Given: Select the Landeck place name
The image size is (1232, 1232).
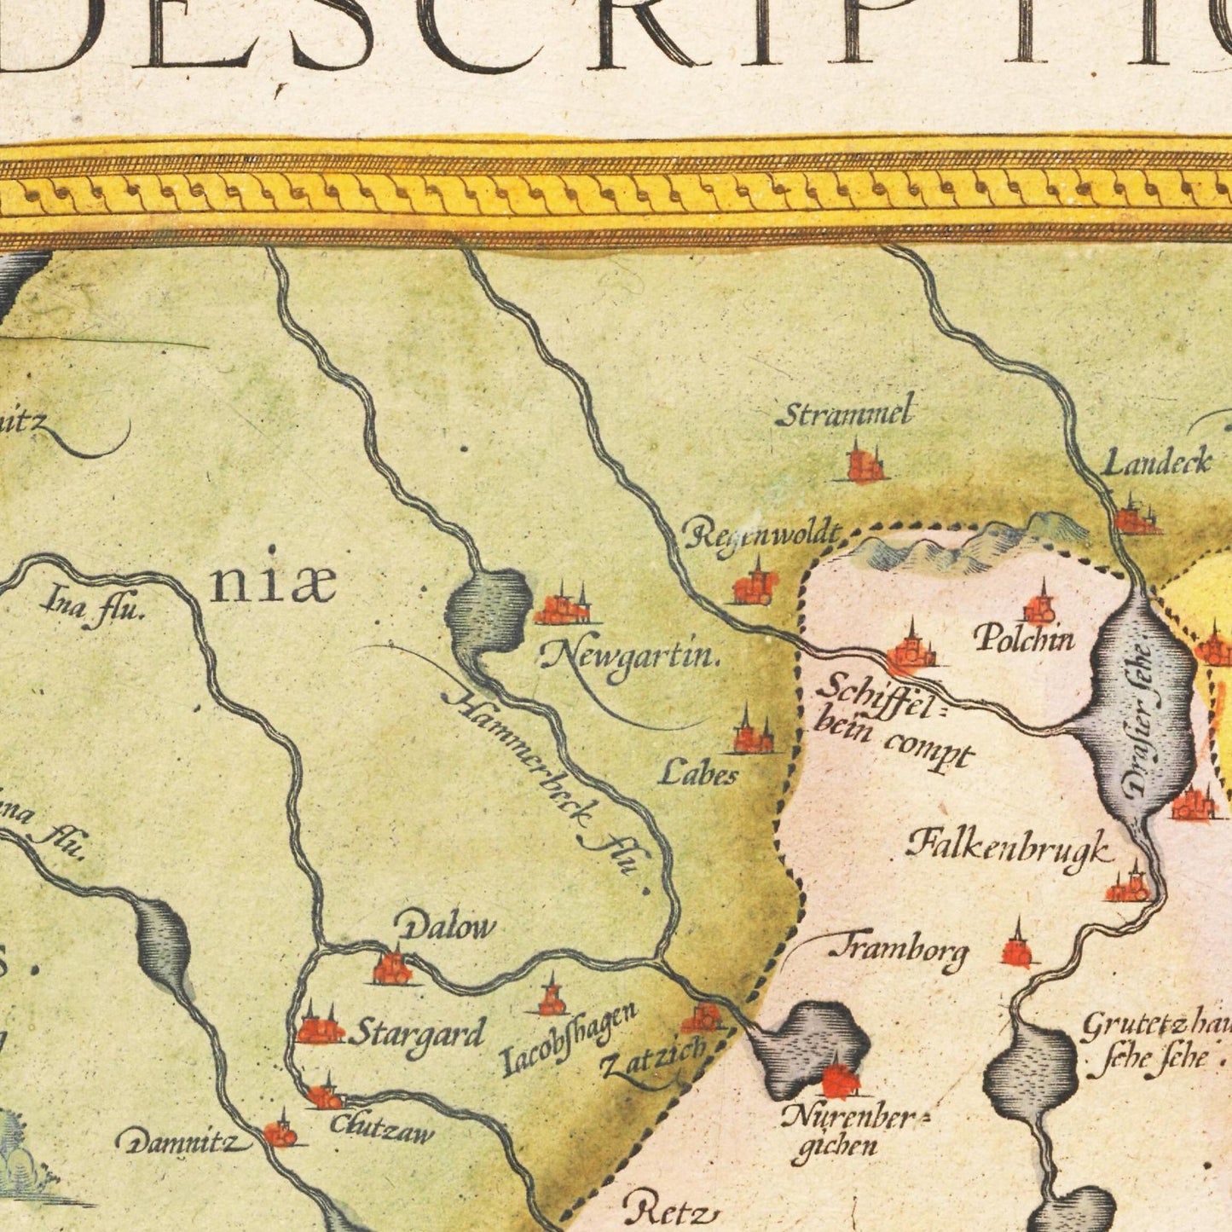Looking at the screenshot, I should tap(1157, 463).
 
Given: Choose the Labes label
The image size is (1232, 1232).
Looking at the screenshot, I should tap(698, 773).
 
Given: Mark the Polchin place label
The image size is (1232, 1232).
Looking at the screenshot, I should tap(1024, 639).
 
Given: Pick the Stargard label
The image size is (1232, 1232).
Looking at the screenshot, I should tap(417, 1035).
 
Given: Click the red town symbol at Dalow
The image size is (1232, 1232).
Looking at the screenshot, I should tap(392, 968).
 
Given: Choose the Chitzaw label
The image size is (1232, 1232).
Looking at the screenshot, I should tap(382, 1130).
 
